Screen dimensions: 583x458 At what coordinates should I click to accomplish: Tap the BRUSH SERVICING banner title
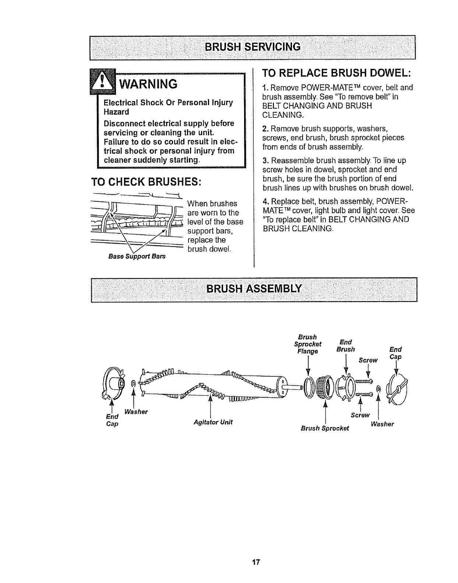tap(253, 47)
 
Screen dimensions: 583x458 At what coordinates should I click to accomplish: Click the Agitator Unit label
tap(213, 422)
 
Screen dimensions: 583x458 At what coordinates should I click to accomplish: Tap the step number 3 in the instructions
tap(264, 161)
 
